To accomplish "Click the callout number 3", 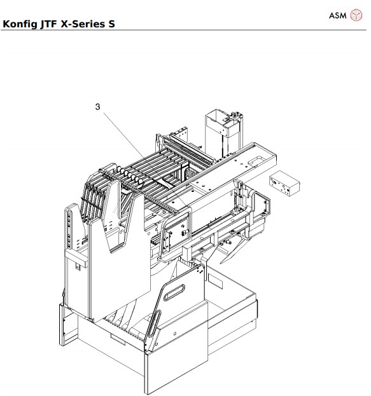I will [97, 107].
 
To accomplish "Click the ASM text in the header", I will [337, 15].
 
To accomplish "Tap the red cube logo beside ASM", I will [356, 15].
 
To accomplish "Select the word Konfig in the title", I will [20, 25].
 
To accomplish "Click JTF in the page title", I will [52, 25].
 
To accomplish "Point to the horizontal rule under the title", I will [185, 30].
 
